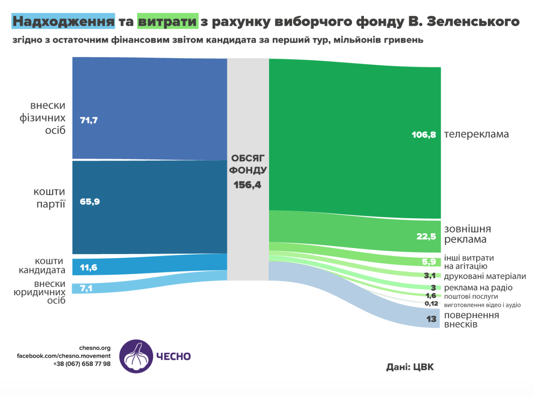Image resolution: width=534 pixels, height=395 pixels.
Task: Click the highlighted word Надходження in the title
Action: point(63,21)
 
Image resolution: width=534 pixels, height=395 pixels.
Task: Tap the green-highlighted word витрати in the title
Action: point(167,21)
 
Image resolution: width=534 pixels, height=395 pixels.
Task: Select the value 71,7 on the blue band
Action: point(88,121)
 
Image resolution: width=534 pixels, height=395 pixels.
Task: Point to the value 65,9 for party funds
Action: point(88,202)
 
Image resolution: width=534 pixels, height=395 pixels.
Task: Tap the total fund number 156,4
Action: point(247,185)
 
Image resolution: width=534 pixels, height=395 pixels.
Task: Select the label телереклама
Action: point(476,135)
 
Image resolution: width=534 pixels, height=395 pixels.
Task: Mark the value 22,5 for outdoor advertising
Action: point(426,236)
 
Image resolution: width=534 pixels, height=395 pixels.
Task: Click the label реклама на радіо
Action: point(478,288)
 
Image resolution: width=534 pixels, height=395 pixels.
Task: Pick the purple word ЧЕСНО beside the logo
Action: point(173,356)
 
